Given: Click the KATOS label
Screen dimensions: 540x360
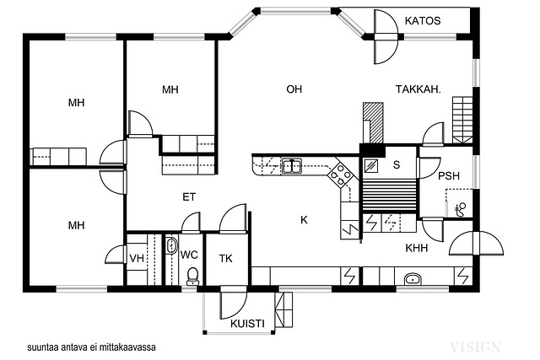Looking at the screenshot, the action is pyautogui.click(x=423, y=20).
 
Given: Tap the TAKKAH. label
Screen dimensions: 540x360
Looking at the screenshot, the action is pyautogui.click(x=418, y=89).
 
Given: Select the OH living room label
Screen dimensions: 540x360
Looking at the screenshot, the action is pyautogui.click(x=294, y=89).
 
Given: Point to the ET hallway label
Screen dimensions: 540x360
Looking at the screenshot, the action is pyautogui.click(x=189, y=197).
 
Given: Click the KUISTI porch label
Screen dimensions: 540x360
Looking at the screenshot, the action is pyautogui.click(x=247, y=324).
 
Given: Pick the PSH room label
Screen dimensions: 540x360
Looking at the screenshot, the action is pyautogui.click(x=449, y=176).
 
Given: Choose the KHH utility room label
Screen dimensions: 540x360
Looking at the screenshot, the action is pyautogui.click(x=416, y=248).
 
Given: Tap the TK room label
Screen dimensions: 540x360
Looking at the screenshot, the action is pyautogui.click(x=226, y=259).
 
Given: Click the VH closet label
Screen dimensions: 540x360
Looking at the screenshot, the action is pyautogui.click(x=137, y=258).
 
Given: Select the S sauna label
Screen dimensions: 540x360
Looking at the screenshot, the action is pyautogui.click(x=397, y=165).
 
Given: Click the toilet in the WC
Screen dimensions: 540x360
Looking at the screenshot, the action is pyautogui.click(x=192, y=276).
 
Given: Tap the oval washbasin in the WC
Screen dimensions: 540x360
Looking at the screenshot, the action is pyautogui.click(x=171, y=245).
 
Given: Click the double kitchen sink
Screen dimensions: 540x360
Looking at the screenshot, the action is pyautogui.click(x=292, y=165).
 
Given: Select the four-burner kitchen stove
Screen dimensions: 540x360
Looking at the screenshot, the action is pyautogui.click(x=340, y=174).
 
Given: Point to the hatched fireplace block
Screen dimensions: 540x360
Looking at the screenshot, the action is pyautogui.click(x=373, y=122).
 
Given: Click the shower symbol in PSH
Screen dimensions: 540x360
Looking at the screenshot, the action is pyautogui.click(x=460, y=210).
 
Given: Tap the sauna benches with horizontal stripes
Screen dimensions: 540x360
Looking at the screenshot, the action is pyautogui.click(x=389, y=196).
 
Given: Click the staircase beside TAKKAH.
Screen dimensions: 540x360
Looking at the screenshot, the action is pyautogui.click(x=462, y=120).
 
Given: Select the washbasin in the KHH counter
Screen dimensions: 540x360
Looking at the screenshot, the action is pyautogui.click(x=413, y=279).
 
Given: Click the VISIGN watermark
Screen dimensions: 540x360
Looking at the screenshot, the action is pyautogui.click(x=475, y=347).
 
